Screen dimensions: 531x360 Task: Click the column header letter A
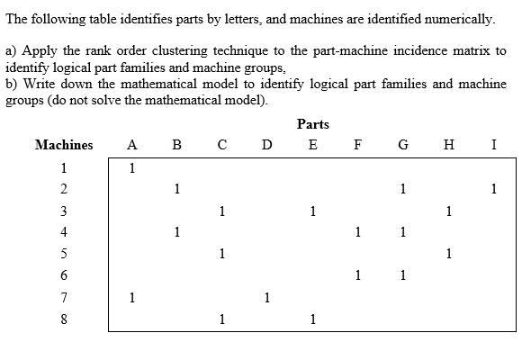coord(132,145)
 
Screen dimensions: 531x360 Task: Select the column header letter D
coord(266,145)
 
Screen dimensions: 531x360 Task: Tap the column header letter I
coord(494,145)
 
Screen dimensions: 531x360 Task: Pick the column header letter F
coord(358,145)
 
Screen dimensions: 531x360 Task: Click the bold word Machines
coord(63,145)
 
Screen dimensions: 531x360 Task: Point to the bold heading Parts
coord(312,124)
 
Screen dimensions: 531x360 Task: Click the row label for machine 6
coord(64,275)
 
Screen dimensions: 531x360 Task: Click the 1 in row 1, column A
coord(132,167)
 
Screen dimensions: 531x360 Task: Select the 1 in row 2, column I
coord(494,189)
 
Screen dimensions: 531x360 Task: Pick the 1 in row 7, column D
coord(266,296)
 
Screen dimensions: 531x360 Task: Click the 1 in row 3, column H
coord(448,211)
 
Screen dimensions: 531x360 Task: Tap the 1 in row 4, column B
coord(177,233)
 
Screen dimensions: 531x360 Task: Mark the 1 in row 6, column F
coord(358,275)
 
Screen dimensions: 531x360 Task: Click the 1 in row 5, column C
coord(221,254)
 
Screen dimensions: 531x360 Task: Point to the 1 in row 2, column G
coord(403,189)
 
